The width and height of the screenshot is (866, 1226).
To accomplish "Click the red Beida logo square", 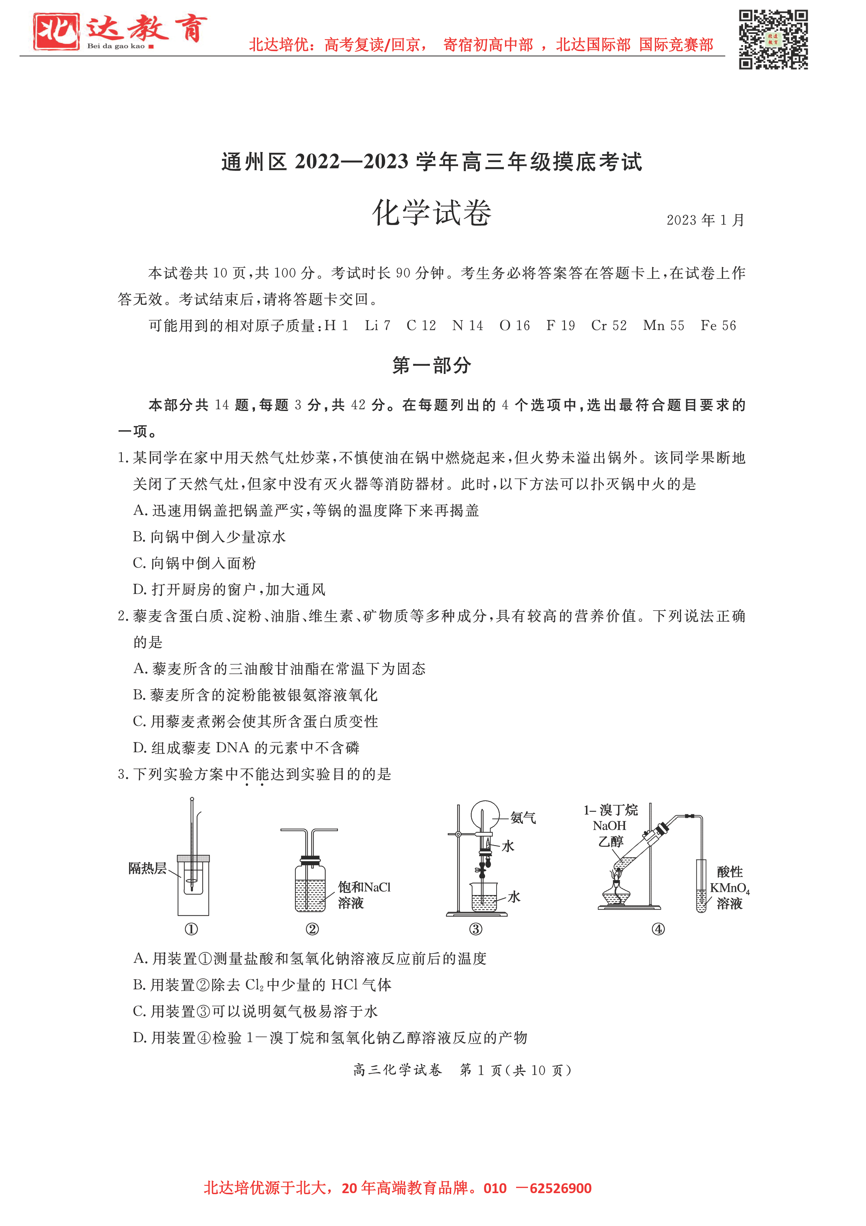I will (x=56, y=31).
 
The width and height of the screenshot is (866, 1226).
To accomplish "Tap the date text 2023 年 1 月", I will (x=705, y=220).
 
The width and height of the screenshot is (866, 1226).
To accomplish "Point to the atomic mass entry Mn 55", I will (x=663, y=326).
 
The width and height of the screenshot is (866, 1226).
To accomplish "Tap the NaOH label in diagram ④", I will (x=609, y=826).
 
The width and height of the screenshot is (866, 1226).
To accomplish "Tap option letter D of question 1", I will (x=139, y=590).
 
